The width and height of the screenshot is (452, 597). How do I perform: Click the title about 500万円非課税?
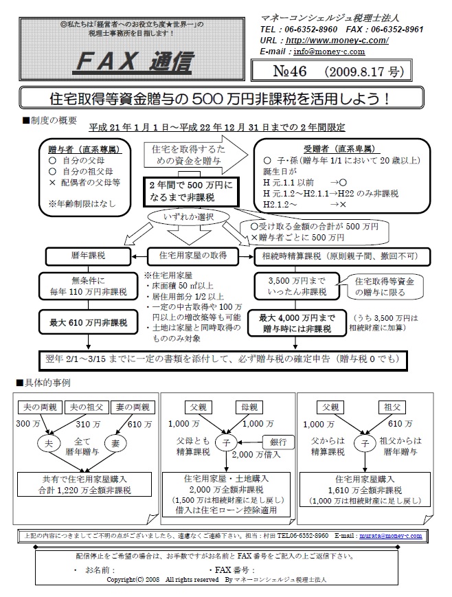point(226,98)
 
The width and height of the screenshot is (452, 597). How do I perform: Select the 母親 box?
point(247,407)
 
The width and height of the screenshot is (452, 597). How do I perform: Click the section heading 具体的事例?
point(50,382)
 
